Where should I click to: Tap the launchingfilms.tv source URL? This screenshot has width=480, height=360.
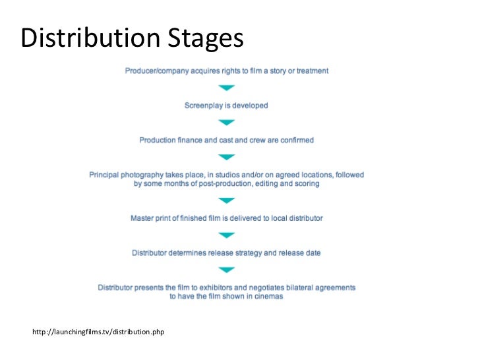point(98,331)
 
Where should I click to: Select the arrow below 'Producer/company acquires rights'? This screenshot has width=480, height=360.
point(227,88)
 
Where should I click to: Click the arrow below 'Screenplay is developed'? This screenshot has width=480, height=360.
point(227,122)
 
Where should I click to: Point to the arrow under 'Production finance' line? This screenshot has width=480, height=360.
point(227,157)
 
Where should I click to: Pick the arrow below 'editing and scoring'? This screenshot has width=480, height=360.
point(227,200)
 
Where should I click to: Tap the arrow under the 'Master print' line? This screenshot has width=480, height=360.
point(227,235)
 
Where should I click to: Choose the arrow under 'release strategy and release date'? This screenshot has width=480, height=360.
point(227,270)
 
